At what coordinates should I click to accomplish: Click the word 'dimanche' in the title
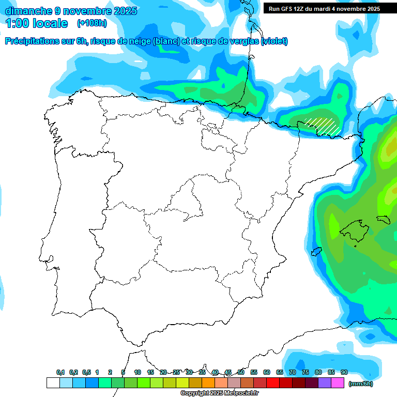click(28, 11)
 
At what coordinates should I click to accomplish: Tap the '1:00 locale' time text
click(37, 23)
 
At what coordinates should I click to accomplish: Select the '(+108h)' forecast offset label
click(92, 23)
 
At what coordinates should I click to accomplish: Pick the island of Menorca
click(383, 219)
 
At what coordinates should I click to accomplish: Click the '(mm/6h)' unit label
click(360, 383)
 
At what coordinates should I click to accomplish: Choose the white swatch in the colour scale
click(53, 383)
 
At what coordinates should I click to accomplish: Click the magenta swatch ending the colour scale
click(338, 383)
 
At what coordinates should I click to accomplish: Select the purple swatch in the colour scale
click(325, 383)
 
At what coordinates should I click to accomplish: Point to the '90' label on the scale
click(344, 372)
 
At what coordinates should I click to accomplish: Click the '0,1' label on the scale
click(60, 372)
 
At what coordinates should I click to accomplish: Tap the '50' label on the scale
click(241, 372)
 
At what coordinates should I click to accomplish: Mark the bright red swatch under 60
click(273, 383)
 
